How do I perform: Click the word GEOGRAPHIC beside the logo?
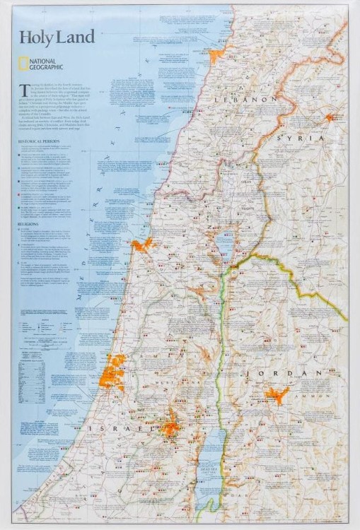47,69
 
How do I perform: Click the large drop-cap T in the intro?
22,88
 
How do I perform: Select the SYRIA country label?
300,139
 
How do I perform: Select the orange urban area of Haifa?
142,245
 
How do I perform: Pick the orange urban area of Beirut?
214,54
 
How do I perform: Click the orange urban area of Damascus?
330,117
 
